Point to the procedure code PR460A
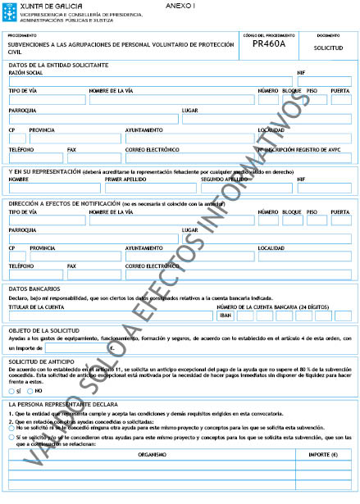pos(269,48)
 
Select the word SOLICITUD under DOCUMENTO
pos(327,48)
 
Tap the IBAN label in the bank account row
pos(226,316)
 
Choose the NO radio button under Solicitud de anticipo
pos(30,391)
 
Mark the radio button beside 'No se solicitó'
pos(12,428)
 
